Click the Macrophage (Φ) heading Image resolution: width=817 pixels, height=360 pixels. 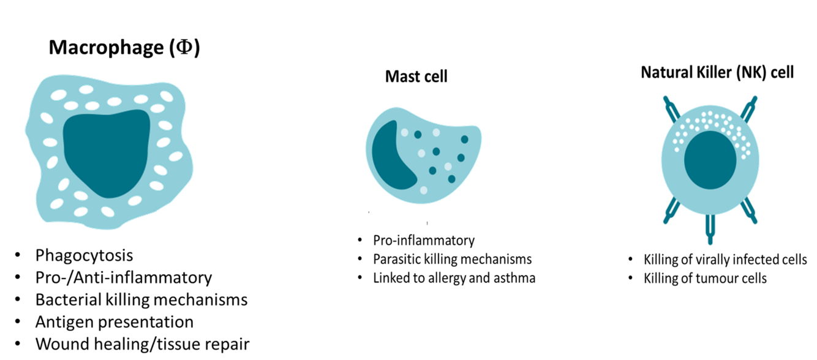124,48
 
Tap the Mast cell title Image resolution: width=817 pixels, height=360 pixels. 416,77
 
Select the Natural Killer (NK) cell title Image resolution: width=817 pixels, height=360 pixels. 717,72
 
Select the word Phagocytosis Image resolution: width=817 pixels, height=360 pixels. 84,255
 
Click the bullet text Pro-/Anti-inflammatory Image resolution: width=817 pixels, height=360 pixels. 124,277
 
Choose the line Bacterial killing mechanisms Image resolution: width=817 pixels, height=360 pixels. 141,299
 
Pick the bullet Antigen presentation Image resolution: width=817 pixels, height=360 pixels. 115,321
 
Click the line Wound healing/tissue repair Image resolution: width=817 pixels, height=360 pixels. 143,344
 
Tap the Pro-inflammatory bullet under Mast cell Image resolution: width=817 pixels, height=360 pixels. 424,240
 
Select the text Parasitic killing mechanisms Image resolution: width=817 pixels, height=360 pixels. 453,259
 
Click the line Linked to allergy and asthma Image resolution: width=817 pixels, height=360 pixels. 454,278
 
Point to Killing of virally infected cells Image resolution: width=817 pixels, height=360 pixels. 725,260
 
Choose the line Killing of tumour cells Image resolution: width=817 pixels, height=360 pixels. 705,279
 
